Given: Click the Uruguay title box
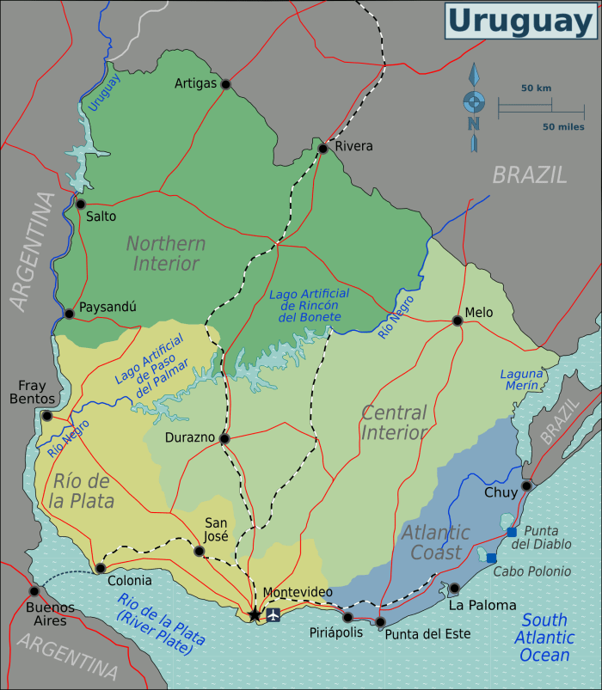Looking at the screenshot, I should coord(520,21).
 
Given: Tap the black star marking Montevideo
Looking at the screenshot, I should coord(254,614).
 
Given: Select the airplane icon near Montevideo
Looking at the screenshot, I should coord(273,614).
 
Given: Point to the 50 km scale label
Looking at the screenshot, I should coord(536,89).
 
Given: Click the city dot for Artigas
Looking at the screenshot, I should coord(225,84).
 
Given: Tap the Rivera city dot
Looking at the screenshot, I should coord(322,149).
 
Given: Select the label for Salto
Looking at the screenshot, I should coord(101,217).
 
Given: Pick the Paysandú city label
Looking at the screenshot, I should coord(107,307).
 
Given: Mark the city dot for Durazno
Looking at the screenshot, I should coord(224,438).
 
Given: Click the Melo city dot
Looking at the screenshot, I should coord(458,321).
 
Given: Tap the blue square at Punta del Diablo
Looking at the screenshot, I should coord(512,533).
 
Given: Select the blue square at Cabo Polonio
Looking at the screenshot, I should coord(491,559).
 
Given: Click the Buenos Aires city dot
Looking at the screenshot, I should coord(34,590).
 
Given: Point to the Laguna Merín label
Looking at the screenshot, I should coord(522,380).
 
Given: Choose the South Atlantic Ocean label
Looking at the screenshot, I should coord(544,637).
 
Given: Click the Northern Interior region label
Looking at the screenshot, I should coord(166,253).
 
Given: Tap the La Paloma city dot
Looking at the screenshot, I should coord(454,589).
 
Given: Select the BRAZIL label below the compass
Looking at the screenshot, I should coord(529,175).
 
